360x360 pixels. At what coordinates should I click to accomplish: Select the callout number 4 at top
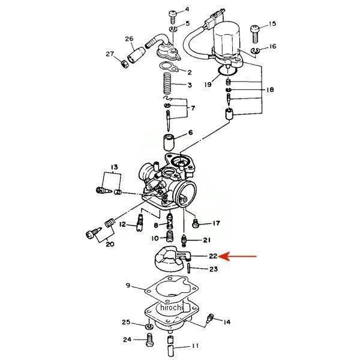(x=187, y=10)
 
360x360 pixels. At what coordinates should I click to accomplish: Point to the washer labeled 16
(x=254, y=48)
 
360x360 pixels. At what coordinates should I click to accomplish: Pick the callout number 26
(x=129, y=40)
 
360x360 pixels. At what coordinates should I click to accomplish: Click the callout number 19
(x=208, y=85)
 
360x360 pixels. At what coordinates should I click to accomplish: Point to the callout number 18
(x=270, y=89)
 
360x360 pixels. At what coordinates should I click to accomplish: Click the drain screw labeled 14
(x=210, y=319)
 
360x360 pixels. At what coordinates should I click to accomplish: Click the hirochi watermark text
(x=171, y=307)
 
